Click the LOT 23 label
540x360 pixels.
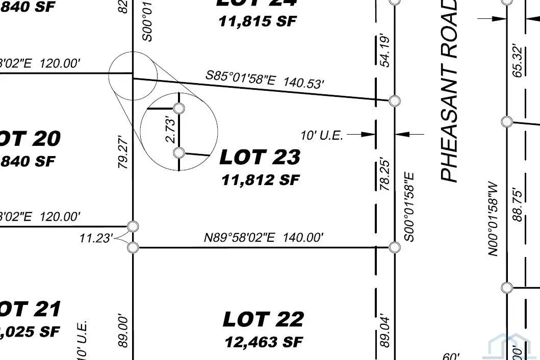[260, 158]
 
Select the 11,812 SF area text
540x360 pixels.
[260, 179]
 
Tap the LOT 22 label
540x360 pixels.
[263, 320]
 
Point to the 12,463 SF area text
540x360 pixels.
[264, 341]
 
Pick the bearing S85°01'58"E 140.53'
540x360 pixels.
[265, 79]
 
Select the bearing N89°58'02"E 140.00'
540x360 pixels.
[264, 237]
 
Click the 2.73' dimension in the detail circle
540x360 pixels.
[172, 131]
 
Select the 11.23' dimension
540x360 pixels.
[95, 238]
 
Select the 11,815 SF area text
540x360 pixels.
[258, 21]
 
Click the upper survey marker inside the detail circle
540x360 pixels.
[179, 108]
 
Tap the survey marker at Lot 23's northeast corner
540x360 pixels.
[394, 100]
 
